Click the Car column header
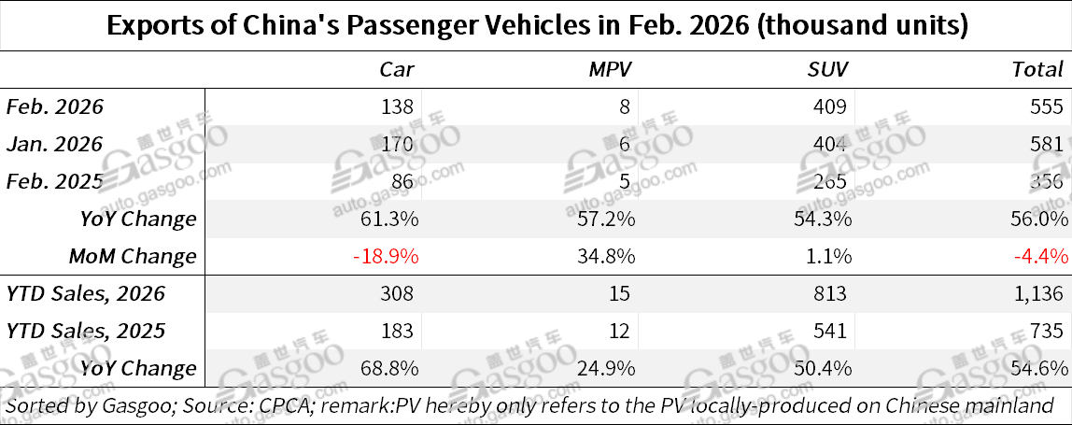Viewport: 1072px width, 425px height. (x=396, y=69)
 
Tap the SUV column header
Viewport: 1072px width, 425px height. (x=827, y=69)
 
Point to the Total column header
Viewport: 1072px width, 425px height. (x=1037, y=69)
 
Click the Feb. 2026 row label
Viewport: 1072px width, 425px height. (x=55, y=106)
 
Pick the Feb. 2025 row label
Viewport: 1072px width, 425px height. (x=55, y=181)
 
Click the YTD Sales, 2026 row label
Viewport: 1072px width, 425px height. (x=86, y=293)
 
